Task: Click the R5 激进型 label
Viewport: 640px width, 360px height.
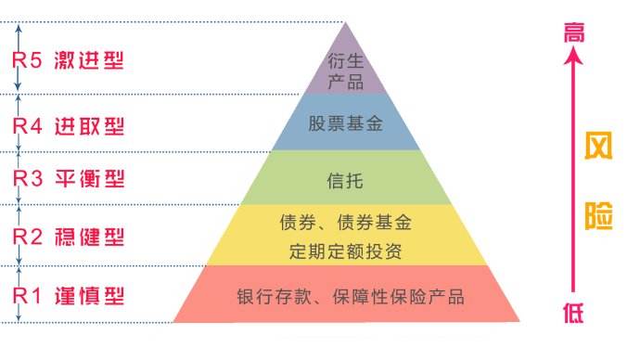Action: click(67, 61)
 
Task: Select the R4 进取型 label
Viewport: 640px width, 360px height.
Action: click(67, 124)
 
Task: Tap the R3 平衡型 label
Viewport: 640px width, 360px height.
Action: click(67, 178)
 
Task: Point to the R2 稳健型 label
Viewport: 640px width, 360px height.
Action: click(67, 238)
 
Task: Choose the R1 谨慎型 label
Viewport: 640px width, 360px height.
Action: click(67, 297)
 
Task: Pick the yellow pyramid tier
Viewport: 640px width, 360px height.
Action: click(345, 236)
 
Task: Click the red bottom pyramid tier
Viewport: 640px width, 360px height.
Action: click(345, 295)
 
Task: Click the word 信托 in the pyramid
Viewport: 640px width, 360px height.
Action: click(345, 178)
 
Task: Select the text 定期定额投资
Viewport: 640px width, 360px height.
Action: click(345, 251)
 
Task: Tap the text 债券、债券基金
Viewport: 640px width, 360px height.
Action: click(345, 223)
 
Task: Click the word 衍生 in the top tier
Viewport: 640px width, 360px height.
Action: click(344, 61)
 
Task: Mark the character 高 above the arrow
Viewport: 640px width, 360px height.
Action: click(574, 32)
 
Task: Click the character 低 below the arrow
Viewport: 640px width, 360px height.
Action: click(574, 313)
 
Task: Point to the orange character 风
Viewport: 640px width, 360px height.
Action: click(603, 149)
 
